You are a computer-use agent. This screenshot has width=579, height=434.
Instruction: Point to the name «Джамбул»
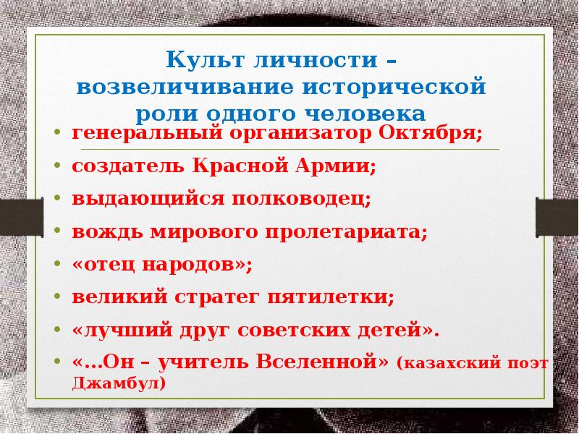pos(119,383)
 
